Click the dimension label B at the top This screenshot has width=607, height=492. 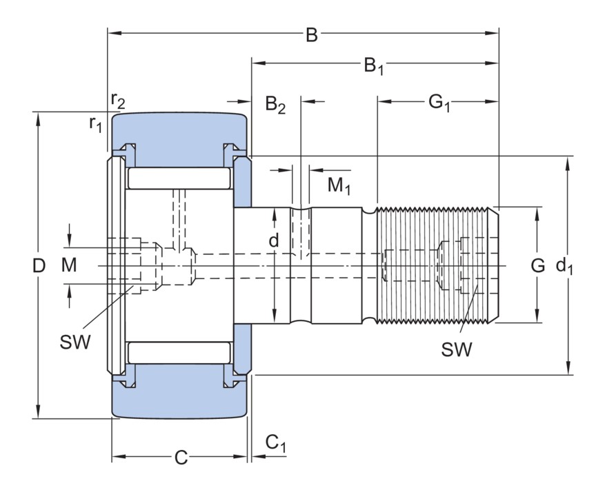pyautogui.click(x=312, y=35)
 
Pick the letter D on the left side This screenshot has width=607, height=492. pyautogui.click(x=39, y=265)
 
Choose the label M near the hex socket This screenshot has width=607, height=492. pyautogui.click(x=69, y=265)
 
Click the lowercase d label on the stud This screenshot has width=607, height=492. pyautogui.click(x=274, y=240)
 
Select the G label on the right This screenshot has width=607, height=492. pyautogui.click(x=538, y=265)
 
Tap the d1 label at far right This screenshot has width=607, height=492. pyautogui.click(x=565, y=265)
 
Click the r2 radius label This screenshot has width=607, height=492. pyautogui.click(x=118, y=101)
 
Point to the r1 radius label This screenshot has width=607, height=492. pyautogui.click(x=95, y=124)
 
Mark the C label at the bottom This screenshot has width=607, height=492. pyautogui.click(x=181, y=458)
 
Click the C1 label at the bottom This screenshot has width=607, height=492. pyautogui.click(x=275, y=444)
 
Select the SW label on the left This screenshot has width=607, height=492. pyautogui.click(x=75, y=342)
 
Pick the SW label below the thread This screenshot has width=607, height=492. pyautogui.click(x=457, y=349)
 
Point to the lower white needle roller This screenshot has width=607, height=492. pyautogui.click(x=179, y=352)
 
